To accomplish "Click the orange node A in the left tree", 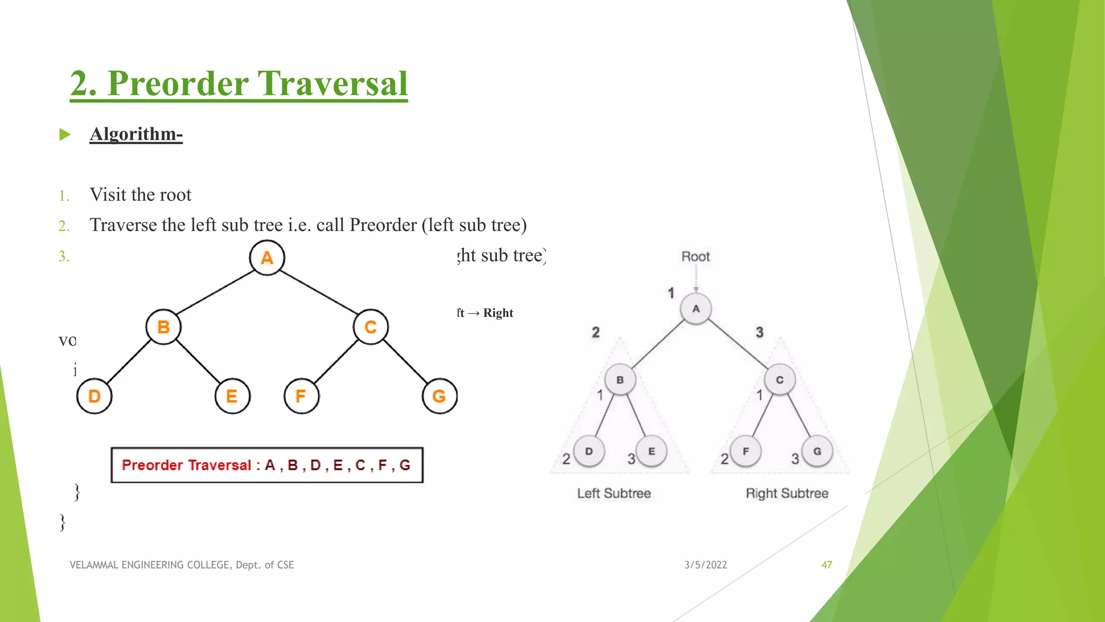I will click(267, 258).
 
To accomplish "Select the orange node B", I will click(163, 327).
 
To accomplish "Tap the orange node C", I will click(370, 327).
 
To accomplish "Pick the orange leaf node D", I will click(94, 396).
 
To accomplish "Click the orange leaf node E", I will click(232, 396).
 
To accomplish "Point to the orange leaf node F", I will click(301, 396).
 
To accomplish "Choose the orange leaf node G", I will click(439, 396).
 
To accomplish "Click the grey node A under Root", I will click(696, 309).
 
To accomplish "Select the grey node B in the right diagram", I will click(620, 380).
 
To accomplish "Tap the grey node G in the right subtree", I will click(817, 451).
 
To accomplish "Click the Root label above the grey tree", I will click(695, 256).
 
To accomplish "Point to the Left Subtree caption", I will click(613, 493).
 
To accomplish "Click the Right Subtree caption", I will click(787, 493).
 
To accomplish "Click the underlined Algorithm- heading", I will click(136, 133).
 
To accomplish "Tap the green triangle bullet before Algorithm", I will click(65, 134).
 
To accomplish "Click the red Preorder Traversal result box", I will click(267, 465).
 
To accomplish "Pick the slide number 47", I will click(826, 565).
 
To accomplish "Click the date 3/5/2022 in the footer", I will click(705, 565).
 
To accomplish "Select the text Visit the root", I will click(140, 194).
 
